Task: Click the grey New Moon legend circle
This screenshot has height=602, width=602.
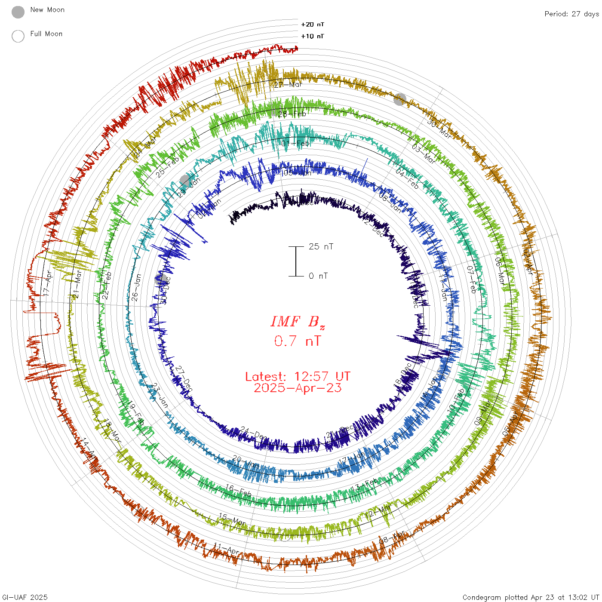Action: point(18,12)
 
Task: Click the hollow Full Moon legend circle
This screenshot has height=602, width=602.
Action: point(18,37)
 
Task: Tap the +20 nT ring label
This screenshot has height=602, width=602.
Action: point(313,25)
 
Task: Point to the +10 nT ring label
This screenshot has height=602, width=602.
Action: point(313,36)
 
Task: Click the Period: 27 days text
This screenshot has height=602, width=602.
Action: point(571,14)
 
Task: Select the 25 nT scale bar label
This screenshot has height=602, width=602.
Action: point(321,246)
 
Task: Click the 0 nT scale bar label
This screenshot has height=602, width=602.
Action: point(318,276)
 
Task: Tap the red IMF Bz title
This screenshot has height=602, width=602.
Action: point(298,322)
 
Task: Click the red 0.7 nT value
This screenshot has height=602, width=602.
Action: point(298,341)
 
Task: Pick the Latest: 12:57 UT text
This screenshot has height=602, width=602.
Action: point(298,377)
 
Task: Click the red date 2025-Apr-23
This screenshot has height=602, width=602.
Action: point(298,388)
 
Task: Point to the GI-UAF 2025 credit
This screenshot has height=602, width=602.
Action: point(25,597)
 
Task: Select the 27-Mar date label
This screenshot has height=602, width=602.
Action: point(288,85)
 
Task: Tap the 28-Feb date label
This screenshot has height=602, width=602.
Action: point(292,114)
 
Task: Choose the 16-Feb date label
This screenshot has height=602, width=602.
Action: point(238,491)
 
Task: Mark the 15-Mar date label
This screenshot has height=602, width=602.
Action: point(232,519)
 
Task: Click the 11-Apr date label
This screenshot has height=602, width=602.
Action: point(227,549)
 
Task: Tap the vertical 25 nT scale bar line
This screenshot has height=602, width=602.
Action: point(296,261)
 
